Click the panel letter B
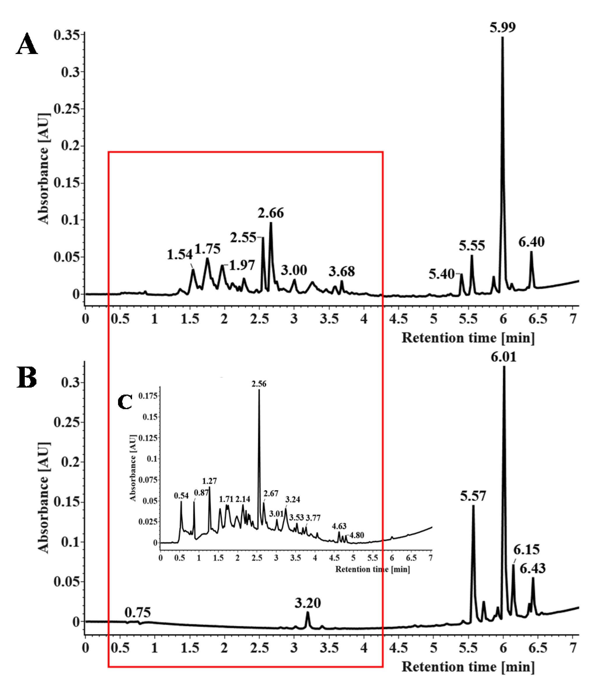(x=27, y=378)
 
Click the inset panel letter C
(x=125, y=402)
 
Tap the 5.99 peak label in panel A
(x=502, y=27)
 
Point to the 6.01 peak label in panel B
(x=503, y=357)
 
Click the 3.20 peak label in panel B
(x=307, y=603)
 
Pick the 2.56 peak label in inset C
(x=259, y=384)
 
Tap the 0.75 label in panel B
(x=138, y=613)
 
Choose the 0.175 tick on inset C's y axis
(x=148, y=396)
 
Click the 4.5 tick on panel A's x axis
(x=398, y=319)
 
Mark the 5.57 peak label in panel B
(x=473, y=496)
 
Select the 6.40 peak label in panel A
(x=531, y=242)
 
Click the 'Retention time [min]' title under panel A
(x=468, y=337)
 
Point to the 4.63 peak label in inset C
(x=339, y=526)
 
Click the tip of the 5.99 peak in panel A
(x=502, y=38)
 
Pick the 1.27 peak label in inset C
(x=209, y=481)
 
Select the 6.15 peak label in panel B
(x=526, y=550)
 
